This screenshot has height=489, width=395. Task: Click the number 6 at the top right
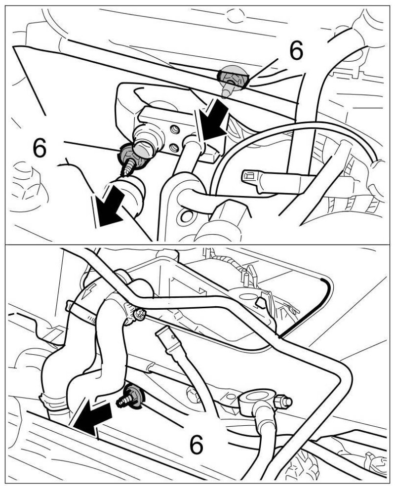296,50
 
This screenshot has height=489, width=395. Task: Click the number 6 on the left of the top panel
39,148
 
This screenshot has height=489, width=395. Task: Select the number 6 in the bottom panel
197,444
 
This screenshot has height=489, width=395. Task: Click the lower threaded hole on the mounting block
175,147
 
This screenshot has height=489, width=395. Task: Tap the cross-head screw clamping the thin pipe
139,314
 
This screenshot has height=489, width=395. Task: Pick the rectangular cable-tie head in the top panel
250,177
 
